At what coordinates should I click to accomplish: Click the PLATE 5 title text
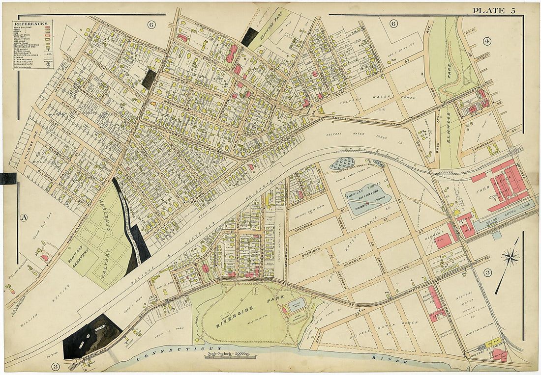(494, 11)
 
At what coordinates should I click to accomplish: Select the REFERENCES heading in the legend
(30, 24)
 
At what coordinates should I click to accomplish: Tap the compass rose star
(511, 257)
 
